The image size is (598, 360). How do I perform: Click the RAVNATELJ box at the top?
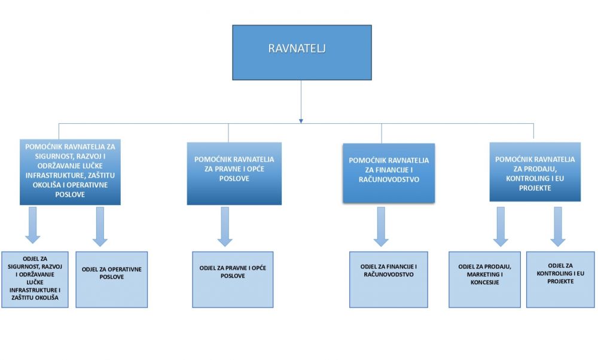(301, 52)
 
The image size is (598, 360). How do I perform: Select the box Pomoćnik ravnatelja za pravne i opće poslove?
(234, 173)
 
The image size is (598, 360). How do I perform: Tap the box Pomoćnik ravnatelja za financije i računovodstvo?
(389, 173)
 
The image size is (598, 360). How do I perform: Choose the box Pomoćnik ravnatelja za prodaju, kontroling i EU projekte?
(535, 172)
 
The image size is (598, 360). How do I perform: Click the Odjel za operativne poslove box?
(112, 279)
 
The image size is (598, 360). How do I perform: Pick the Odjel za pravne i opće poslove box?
(233, 279)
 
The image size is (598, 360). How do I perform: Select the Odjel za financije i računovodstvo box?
(389, 279)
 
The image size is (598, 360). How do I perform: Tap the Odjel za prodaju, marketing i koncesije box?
(485, 279)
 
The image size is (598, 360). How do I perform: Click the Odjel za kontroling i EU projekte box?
(561, 279)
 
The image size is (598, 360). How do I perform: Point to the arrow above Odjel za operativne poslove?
(100, 227)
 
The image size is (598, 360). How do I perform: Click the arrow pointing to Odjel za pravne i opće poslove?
(225, 227)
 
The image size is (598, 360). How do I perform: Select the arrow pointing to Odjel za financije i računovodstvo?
(381, 227)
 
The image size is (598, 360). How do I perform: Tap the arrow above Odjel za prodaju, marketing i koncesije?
(501, 227)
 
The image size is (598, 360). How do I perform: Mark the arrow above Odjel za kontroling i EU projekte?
(558, 227)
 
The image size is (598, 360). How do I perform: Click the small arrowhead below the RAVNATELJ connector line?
(301, 121)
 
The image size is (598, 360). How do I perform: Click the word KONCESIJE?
(485, 282)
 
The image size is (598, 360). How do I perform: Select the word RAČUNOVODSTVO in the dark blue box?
(389, 179)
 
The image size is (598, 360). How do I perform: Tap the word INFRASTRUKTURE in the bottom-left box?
(33, 290)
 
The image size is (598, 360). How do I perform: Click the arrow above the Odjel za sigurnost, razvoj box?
(33, 225)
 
